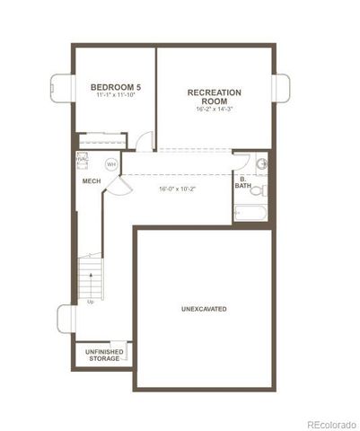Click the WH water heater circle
click(111, 164)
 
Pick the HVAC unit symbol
click(82, 159)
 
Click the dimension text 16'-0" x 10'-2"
click(177, 189)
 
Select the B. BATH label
click(242, 182)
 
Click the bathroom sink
click(261, 163)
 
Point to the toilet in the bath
click(258, 190)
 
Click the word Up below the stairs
click(91, 302)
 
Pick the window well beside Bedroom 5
click(63, 88)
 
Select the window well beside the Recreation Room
click(282, 88)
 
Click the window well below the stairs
click(65, 319)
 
